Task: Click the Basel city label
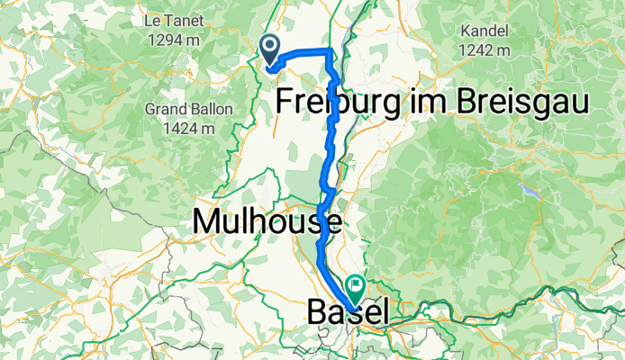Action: click(349, 314)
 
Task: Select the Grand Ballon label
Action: click(188, 110)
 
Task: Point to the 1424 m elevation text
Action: click(188, 129)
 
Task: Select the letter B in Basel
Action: click(317, 314)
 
